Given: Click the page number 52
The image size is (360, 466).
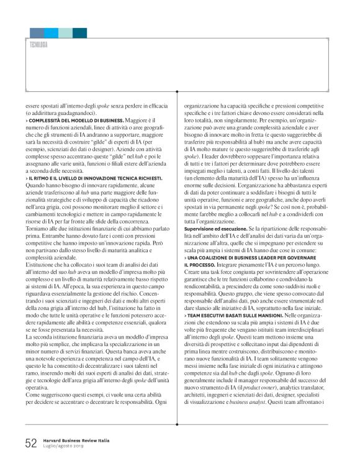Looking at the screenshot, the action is tap(31, 442).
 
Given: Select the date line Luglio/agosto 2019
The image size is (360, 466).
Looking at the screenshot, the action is tap(64, 446).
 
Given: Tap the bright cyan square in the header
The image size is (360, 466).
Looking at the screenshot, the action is tap(51, 33).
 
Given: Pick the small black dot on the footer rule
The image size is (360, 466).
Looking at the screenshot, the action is tap(179, 433).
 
